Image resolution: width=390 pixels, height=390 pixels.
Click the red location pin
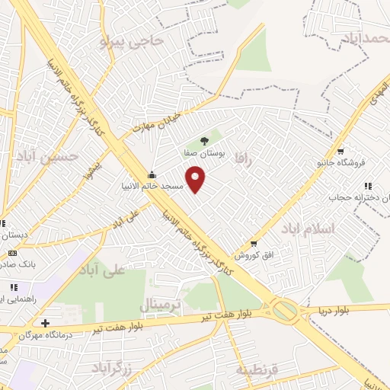point(197,180)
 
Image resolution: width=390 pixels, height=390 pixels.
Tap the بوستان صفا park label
point(203,152)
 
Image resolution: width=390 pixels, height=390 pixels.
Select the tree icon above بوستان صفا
point(203,140)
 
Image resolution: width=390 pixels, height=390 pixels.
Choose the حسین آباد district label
point(47,157)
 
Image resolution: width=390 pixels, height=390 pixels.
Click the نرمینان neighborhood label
point(161,305)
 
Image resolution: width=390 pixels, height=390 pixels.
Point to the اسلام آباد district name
point(307,229)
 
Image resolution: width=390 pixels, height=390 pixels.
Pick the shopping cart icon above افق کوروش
point(254,244)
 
